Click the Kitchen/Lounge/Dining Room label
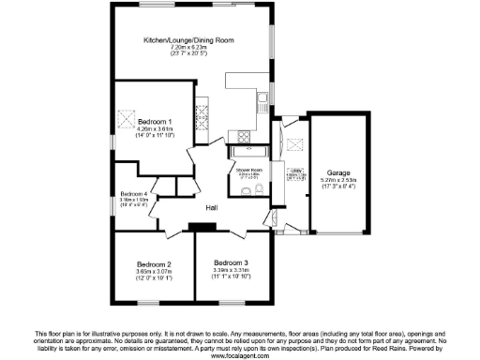[188, 41]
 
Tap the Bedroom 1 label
[156, 122]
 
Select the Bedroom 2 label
[154, 263]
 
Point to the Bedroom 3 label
[231, 262]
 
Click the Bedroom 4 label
[134, 193]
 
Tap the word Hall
[212, 207]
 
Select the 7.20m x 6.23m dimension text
[188, 48]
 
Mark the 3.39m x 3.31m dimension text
[231, 271]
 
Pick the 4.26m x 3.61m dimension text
[156, 129]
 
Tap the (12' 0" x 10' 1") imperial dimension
[154, 278]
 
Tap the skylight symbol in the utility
[296, 145]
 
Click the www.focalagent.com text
[240, 356]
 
